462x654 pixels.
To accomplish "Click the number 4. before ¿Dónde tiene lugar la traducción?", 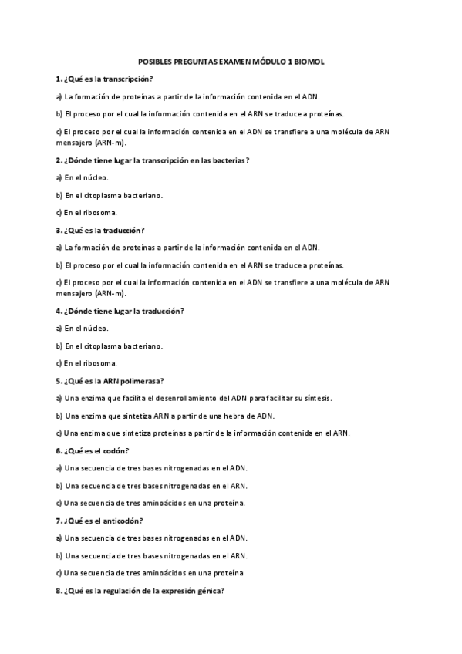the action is click(59, 311).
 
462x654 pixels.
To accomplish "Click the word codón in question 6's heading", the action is click(114, 451).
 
